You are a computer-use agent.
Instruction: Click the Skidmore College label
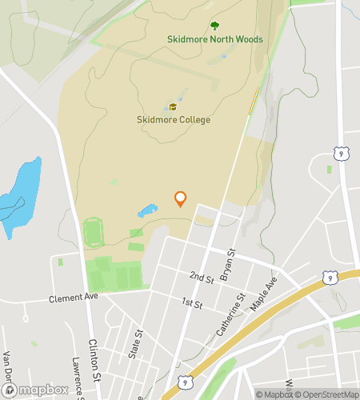tap(173, 120)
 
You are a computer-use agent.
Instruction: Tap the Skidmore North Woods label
tap(214, 38)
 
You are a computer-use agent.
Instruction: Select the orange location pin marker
tap(180, 198)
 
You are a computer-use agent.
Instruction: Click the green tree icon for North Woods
tap(214, 26)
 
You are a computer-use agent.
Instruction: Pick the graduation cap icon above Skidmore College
tap(173, 107)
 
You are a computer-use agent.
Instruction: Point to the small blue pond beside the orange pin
tap(147, 211)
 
